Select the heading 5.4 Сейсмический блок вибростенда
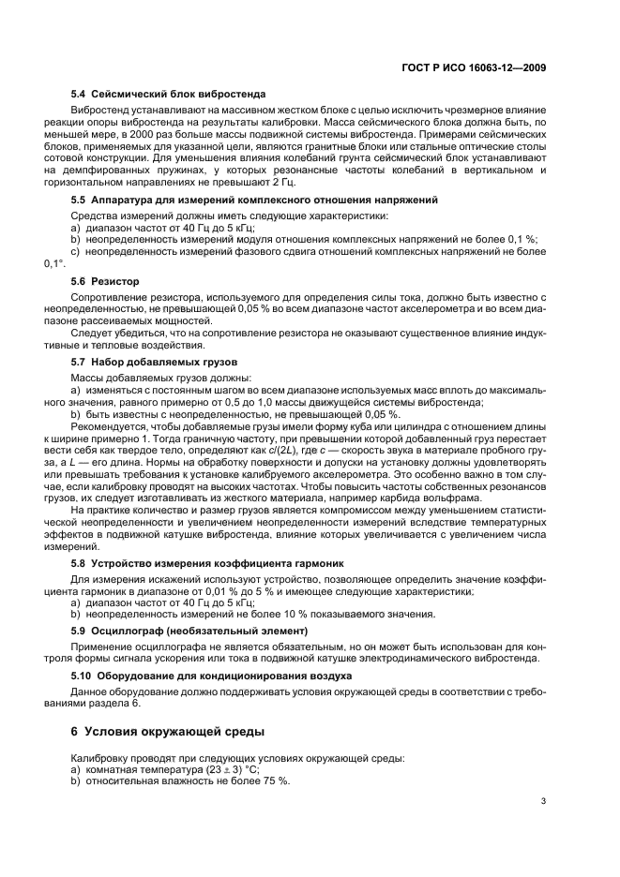point(169,94)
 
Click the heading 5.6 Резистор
point(105,280)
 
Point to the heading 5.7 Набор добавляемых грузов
point(155,361)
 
